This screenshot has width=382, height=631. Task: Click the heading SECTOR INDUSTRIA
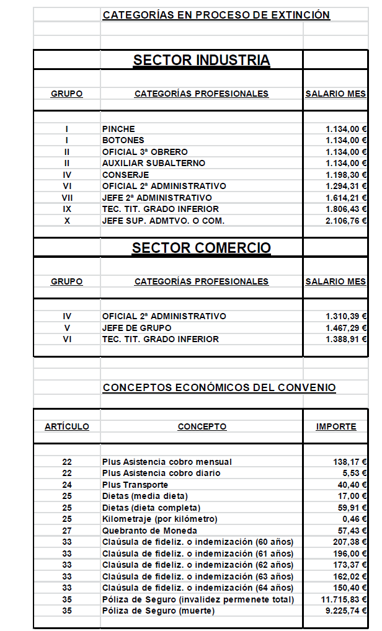[202, 60]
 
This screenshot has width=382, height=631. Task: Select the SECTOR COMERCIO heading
[202, 248]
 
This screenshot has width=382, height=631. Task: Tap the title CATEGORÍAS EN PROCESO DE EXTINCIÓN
[216, 15]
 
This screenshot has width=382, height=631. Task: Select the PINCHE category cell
[118, 129]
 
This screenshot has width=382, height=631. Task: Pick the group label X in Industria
[66, 221]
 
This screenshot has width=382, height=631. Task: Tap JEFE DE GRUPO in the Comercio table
[136, 328]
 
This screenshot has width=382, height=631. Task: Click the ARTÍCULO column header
[66, 427]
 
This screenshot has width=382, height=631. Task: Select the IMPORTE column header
[336, 427]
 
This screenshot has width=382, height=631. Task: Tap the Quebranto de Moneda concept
[149, 531]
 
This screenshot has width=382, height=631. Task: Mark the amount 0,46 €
[352, 519]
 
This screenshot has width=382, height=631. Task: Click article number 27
[67, 531]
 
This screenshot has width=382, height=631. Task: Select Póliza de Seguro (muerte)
[158, 611]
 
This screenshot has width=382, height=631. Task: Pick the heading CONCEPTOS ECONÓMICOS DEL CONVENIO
[219, 388]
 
